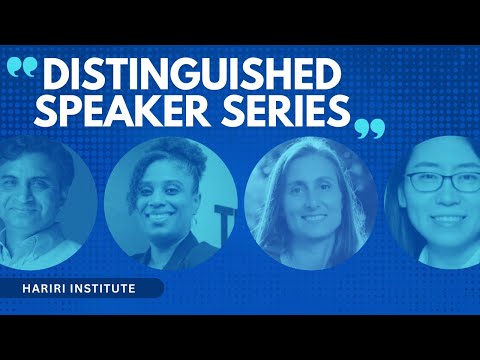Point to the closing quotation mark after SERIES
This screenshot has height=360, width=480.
click(369, 127)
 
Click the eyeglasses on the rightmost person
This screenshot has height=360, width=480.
click(446, 183)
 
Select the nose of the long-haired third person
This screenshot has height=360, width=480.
click(313, 199)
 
